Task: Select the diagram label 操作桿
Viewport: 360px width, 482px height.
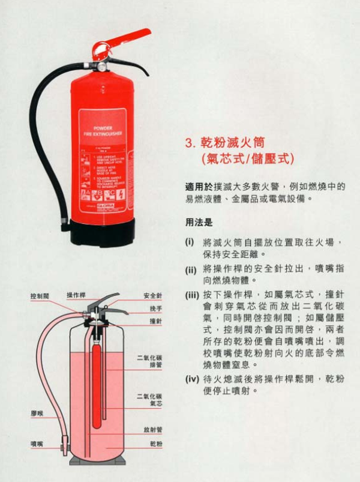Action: [x=76, y=295]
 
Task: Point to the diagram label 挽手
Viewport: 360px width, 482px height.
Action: [x=157, y=309]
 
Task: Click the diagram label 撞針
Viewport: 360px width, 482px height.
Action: [x=157, y=321]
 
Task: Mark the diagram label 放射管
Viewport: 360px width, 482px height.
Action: [x=153, y=430]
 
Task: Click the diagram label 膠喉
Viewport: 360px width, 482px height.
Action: [x=37, y=414]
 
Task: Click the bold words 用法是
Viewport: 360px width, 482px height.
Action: [x=199, y=223]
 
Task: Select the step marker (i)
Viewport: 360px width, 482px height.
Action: [x=190, y=243]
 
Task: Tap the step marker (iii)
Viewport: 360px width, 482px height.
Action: [x=191, y=295]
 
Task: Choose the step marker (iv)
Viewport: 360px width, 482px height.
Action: [x=191, y=379]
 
